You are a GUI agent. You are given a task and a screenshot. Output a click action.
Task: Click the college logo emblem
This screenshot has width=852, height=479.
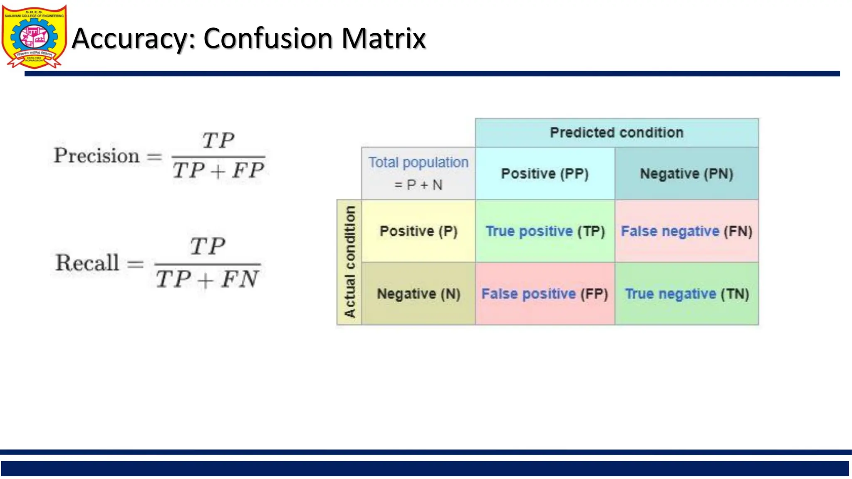pos(34,37)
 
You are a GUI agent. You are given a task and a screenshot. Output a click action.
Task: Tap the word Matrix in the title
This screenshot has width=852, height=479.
pos(383,38)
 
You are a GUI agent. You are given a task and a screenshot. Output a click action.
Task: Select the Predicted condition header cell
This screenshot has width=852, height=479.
pos(617,133)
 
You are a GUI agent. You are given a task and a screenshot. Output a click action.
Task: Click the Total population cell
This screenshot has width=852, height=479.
pos(418,173)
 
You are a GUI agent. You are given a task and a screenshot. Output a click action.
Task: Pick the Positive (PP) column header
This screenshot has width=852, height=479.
pos(545,173)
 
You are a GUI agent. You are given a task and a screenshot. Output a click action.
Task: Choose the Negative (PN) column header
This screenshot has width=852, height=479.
pos(686,173)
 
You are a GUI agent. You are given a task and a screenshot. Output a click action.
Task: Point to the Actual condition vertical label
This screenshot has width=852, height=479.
pos(349,262)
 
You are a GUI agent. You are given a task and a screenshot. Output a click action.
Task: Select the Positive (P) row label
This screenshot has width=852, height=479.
pos(418,231)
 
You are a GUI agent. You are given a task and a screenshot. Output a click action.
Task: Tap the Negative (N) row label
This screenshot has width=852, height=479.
pos(418,294)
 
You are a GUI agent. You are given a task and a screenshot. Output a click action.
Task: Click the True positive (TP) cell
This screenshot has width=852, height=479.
pos(545,231)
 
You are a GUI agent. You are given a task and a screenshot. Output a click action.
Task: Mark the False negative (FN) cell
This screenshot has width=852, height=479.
pos(686,231)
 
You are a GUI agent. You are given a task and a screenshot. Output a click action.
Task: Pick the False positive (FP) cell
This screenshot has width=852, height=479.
pos(545,294)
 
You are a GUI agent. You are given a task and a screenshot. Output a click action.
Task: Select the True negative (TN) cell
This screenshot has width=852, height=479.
pos(686,294)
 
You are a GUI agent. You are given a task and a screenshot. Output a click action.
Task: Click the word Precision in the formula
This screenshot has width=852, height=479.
pos(97,156)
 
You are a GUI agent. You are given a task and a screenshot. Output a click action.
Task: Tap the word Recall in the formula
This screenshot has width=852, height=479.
pos(87,263)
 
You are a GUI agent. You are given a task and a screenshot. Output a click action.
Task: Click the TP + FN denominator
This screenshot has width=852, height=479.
pos(207,279)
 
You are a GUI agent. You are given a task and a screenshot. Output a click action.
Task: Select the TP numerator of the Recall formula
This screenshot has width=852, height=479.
pos(208,246)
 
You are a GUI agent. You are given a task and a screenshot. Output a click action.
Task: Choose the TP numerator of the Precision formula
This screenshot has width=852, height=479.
pos(218,140)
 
